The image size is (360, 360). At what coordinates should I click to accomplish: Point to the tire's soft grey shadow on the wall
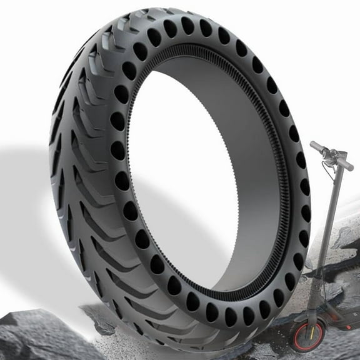[x=25, y=187]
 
